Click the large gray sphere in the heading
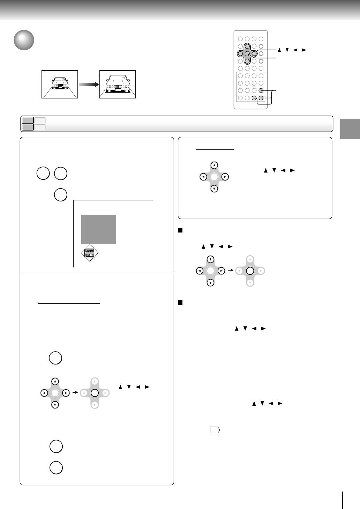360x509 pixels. click(x=24, y=40)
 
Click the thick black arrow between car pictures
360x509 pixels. click(x=88, y=84)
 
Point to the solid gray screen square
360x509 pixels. click(x=99, y=229)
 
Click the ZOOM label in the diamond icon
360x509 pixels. click(x=90, y=250)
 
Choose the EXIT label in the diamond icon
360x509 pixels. click(x=90, y=255)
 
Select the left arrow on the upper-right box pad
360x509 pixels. click(x=203, y=177)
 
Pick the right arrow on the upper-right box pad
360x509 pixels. click(x=225, y=177)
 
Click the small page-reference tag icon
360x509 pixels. click(x=215, y=431)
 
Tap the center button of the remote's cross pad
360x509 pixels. click(x=247, y=54)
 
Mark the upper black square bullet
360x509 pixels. click(x=180, y=230)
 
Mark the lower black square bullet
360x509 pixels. click(x=180, y=303)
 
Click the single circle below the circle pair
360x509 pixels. click(x=61, y=195)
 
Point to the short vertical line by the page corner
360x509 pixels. click(x=343, y=500)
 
